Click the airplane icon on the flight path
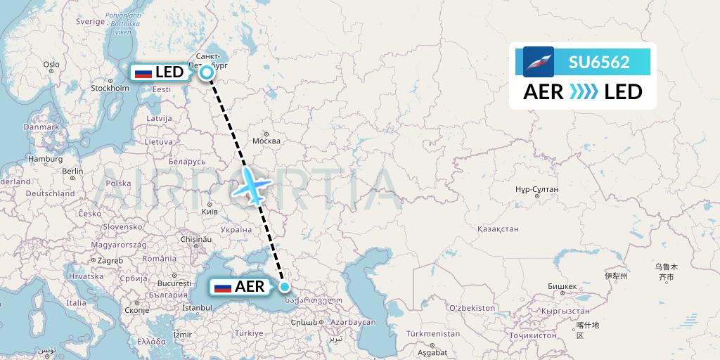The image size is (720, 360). click(x=254, y=185)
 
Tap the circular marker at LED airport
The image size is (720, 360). click(x=207, y=72)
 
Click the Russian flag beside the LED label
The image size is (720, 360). click(x=143, y=72)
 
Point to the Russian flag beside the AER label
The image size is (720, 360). click(x=223, y=287)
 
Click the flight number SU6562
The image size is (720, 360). click(x=599, y=62)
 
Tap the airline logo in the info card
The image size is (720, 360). click(x=539, y=62)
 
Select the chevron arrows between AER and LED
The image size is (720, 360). click(x=584, y=92)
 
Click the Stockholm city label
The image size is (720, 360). click(x=110, y=89)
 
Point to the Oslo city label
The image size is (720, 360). click(x=51, y=65)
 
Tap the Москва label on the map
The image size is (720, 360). click(x=266, y=141)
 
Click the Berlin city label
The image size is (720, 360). click(x=72, y=171)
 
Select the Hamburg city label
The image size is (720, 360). click(x=46, y=159)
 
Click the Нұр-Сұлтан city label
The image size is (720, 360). click(x=536, y=189)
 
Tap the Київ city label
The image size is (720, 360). click(x=210, y=211)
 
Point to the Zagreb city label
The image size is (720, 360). click(x=110, y=260)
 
